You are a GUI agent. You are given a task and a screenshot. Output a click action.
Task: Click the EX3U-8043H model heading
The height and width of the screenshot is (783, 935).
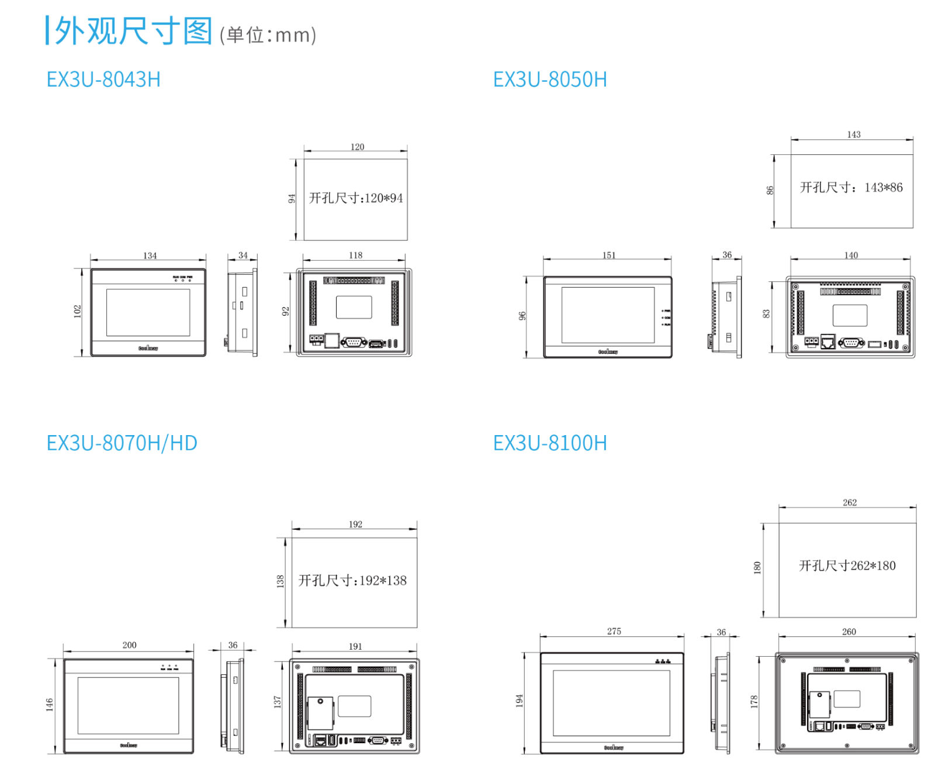click(x=103, y=80)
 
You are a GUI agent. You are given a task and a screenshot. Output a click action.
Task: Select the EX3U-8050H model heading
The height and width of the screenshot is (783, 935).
click(x=550, y=80)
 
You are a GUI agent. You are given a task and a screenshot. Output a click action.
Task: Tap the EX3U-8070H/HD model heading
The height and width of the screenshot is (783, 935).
click(x=122, y=443)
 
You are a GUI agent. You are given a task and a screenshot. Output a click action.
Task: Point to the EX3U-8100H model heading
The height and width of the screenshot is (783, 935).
click(x=550, y=443)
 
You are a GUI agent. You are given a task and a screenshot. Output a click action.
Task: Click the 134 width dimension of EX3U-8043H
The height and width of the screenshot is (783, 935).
click(x=150, y=256)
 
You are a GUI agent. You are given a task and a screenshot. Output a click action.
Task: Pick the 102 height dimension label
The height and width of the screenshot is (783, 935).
click(x=78, y=311)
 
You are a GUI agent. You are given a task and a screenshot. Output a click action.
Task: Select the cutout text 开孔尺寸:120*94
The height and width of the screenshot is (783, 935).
click(x=356, y=198)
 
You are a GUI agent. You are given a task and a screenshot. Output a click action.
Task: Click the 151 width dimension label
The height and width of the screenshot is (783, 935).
click(x=609, y=255)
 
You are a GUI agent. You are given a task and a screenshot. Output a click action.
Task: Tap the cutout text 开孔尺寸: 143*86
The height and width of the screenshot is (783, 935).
click(x=851, y=188)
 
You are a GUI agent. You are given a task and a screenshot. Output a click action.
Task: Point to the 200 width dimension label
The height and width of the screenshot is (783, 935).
click(x=129, y=645)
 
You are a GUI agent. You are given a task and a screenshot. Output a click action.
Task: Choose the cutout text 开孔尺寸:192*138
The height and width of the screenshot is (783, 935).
click(x=353, y=581)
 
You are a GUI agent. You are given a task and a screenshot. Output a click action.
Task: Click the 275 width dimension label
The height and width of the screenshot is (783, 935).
click(x=614, y=632)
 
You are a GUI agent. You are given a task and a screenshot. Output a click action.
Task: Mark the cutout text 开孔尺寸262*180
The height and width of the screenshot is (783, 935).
click(x=847, y=565)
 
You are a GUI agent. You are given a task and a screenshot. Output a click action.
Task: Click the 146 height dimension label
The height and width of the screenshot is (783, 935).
click(x=50, y=705)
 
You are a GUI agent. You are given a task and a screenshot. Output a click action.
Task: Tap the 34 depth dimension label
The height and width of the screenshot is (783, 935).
click(x=243, y=256)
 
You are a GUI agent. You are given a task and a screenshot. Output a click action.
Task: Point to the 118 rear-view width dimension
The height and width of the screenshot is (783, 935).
click(x=355, y=255)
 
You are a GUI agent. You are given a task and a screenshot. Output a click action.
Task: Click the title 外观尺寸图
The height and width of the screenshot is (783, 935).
click(x=133, y=31)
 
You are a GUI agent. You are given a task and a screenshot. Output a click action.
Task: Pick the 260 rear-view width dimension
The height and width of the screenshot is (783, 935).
click(x=849, y=632)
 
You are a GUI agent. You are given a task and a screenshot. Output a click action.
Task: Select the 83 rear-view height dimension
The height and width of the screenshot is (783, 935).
click(x=767, y=314)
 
